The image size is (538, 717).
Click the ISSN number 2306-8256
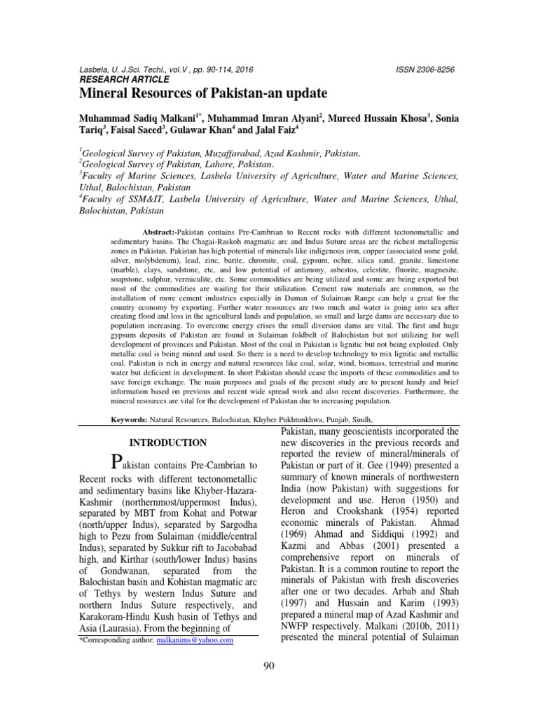[x=426, y=70]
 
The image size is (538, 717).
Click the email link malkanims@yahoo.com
[x=198, y=639]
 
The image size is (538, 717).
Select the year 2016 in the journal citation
[x=242, y=70]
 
